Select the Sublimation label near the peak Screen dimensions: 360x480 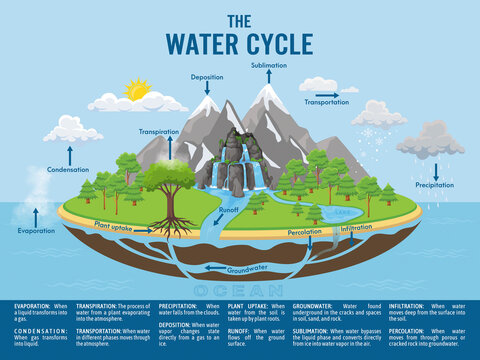(x=269, y=64)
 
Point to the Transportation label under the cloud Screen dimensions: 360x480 (x=327, y=102)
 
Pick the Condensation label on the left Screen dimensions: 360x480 (x=69, y=169)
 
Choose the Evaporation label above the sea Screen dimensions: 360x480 (x=37, y=230)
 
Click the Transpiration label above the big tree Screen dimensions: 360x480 (x=160, y=131)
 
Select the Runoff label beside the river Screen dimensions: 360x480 (x=228, y=211)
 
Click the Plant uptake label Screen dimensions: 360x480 (x=114, y=225)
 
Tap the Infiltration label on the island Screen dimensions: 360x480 (x=357, y=228)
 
